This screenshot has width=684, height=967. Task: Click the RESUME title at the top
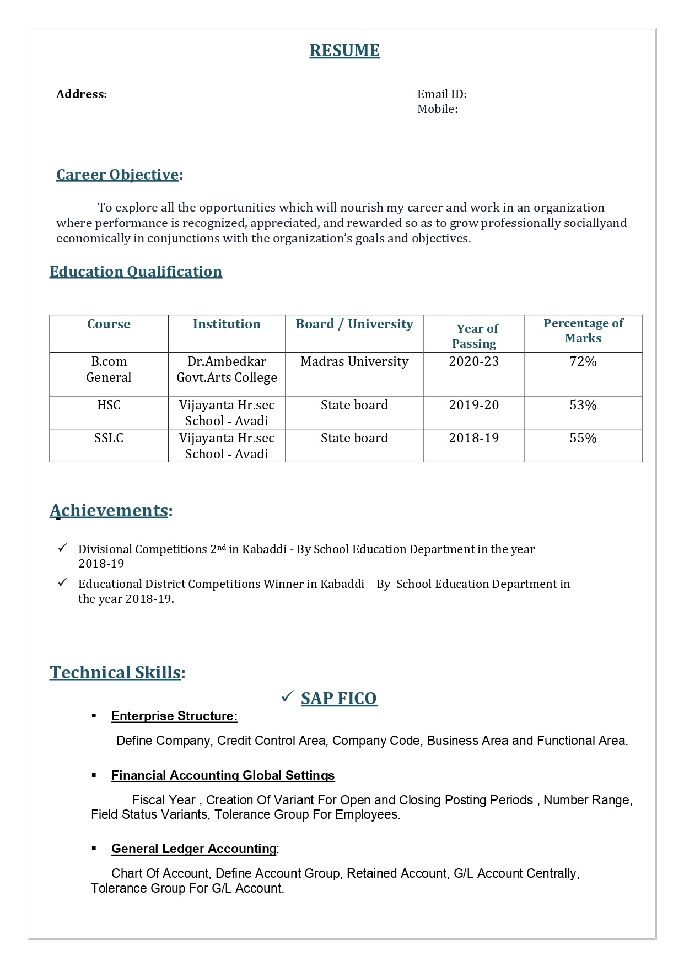pyautogui.click(x=344, y=50)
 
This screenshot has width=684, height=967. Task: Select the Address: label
pyautogui.click(x=82, y=94)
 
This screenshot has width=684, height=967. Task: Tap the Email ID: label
pyautogui.click(x=441, y=94)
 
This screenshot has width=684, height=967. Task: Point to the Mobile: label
pyautogui.click(x=437, y=109)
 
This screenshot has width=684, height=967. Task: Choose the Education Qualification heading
pyautogui.click(x=136, y=272)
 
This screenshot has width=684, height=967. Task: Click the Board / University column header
pyautogui.click(x=354, y=324)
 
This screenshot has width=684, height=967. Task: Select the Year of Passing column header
pyautogui.click(x=475, y=336)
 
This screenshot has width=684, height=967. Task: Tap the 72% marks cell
pyautogui.click(x=583, y=361)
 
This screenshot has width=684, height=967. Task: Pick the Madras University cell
pyautogui.click(x=354, y=361)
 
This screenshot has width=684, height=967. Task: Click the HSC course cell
pyautogui.click(x=109, y=405)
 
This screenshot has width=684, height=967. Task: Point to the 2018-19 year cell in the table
pyautogui.click(x=473, y=438)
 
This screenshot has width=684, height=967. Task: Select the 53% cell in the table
pyautogui.click(x=583, y=405)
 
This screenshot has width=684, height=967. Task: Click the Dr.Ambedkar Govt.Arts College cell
pyautogui.click(x=227, y=369)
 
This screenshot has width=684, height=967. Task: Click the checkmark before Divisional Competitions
pyautogui.click(x=63, y=548)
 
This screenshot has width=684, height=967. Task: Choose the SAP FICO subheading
pyautogui.click(x=338, y=698)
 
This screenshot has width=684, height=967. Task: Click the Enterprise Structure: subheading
pyautogui.click(x=174, y=716)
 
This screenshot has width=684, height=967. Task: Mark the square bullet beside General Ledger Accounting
pyautogui.click(x=94, y=849)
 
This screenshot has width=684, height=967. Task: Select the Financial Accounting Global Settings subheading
pyautogui.click(x=223, y=775)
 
